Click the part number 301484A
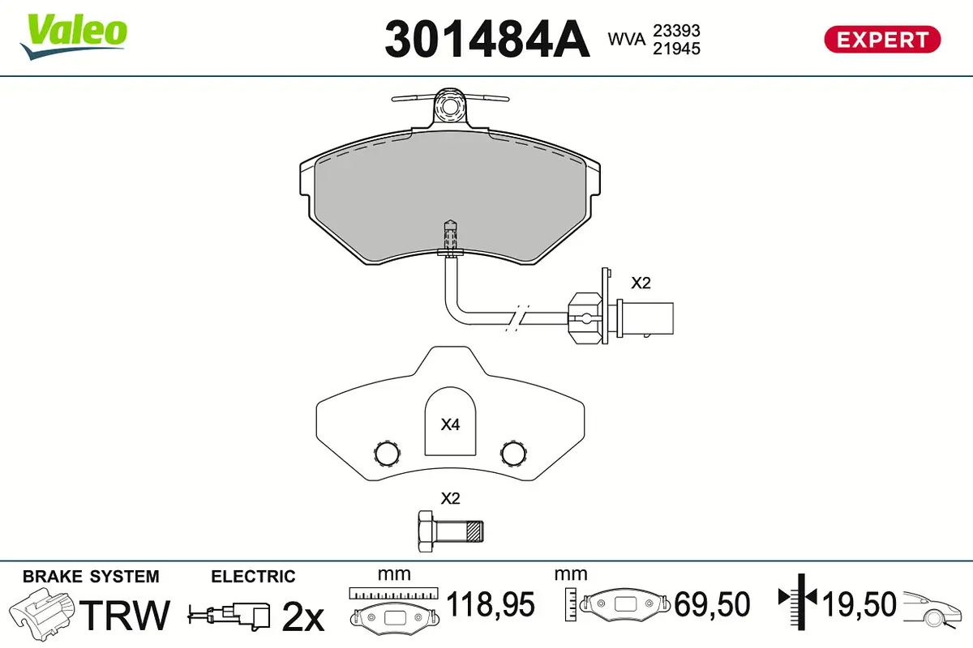click(x=486, y=38)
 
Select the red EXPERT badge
click(x=882, y=39)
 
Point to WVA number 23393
click(x=677, y=30)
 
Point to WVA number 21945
click(x=677, y=48)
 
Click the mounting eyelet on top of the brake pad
click(x=450, y=105)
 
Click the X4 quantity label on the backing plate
click(x=450, y=424)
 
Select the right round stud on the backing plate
click(x=513, y=452)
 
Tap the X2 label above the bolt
click(x=450, y=498)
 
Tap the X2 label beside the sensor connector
click(x=641, y=283)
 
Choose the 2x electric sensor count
click(x=302, y=617)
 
